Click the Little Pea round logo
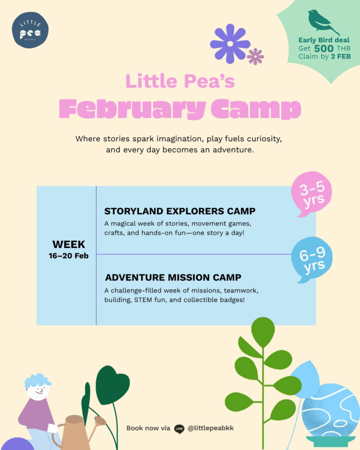(30, 30)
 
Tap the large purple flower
(230, 44)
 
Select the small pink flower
(255, 57)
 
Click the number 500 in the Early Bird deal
(324, 49)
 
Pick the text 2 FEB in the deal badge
(341, 57)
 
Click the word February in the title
(132, 109)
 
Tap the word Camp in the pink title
(256, 109)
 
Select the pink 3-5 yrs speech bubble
(311, 193)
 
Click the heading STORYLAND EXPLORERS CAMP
(180, 211)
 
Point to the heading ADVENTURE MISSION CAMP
(173, 278)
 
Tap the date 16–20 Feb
(68, 256)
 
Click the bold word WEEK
(68, 244)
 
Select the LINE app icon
(179, 429)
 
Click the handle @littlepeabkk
(211, 428)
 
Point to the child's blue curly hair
(37, 381)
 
